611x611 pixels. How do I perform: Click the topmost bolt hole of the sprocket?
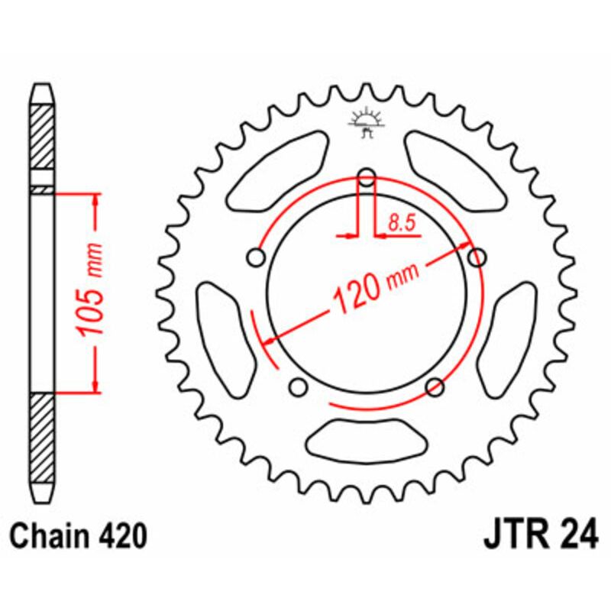367,178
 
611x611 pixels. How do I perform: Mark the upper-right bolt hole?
477,257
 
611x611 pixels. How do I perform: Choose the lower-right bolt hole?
435,386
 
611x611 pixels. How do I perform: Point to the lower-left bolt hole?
299,386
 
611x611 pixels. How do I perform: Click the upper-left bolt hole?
257,258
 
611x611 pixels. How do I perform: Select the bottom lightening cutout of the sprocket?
366,441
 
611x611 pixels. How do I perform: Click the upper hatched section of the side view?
43,137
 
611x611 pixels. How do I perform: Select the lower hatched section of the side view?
43,438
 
